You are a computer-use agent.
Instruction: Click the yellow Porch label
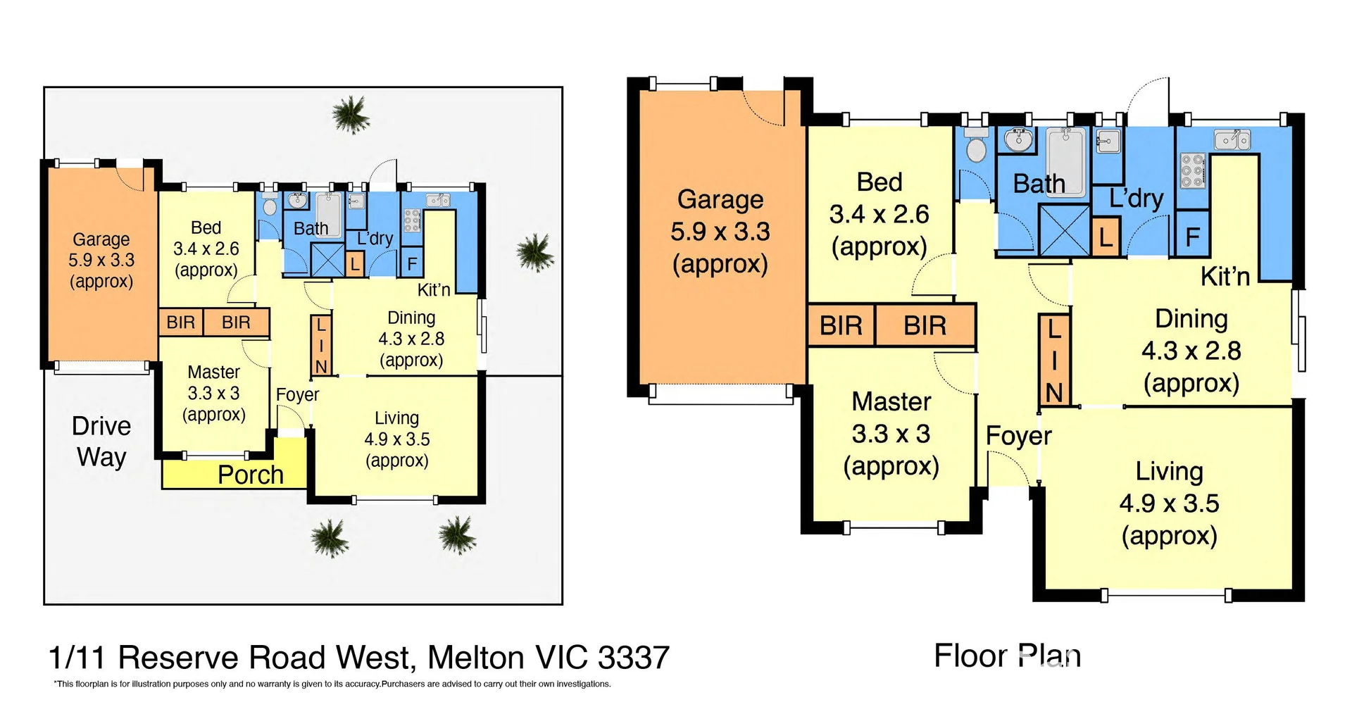point(250,475)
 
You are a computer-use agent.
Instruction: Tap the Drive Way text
point(101,441)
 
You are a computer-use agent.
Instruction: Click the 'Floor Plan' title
point(1007,656)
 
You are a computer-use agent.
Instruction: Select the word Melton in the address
point(476,658)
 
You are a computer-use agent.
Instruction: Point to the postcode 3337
point(633,658)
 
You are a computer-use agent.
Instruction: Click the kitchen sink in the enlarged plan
point(1232,140)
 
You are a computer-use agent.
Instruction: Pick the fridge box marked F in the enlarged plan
point(1192,237)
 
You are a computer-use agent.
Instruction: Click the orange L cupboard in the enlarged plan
point(1106,237)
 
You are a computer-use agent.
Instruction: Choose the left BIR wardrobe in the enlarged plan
point(841,326)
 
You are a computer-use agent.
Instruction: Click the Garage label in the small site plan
point(101,260)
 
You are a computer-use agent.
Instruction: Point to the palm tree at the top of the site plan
point(351,114)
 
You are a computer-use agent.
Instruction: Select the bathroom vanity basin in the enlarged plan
point(1018,140)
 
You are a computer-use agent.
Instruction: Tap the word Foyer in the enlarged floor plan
point(1018,436)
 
